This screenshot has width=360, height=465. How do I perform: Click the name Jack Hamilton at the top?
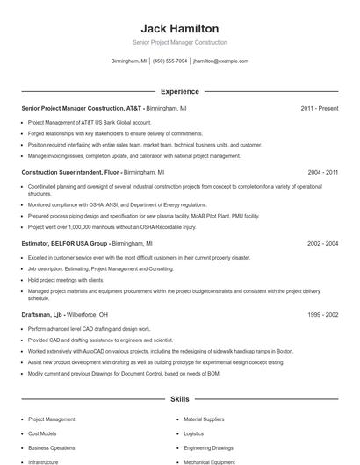(179, 29)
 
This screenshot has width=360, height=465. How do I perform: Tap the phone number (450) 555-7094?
(170, 61)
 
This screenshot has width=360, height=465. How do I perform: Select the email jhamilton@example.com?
(220, 61)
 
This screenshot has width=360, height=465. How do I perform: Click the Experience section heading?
(179, 91)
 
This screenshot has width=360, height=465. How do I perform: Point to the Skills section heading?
(179, 399)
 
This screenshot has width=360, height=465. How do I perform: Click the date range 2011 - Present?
(319, 108)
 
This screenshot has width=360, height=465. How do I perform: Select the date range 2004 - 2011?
(322, 172)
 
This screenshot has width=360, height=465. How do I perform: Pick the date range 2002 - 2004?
(322, 243)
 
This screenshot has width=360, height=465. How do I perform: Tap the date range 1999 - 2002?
(322, 314)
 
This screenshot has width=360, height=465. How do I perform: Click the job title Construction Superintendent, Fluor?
(70, 172)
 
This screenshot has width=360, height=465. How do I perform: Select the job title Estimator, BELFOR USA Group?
(64, 243)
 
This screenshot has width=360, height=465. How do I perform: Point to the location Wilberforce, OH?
(90, 314)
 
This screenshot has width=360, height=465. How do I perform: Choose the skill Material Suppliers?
(204, 419)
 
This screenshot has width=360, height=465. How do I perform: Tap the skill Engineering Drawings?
(208, 447)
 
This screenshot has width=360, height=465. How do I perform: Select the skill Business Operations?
(51, 447)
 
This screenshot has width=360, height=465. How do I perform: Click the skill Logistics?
(193, 433)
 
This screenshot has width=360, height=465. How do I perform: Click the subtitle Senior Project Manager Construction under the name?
(179, 42)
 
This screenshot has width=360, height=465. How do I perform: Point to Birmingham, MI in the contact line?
(129, 61)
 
